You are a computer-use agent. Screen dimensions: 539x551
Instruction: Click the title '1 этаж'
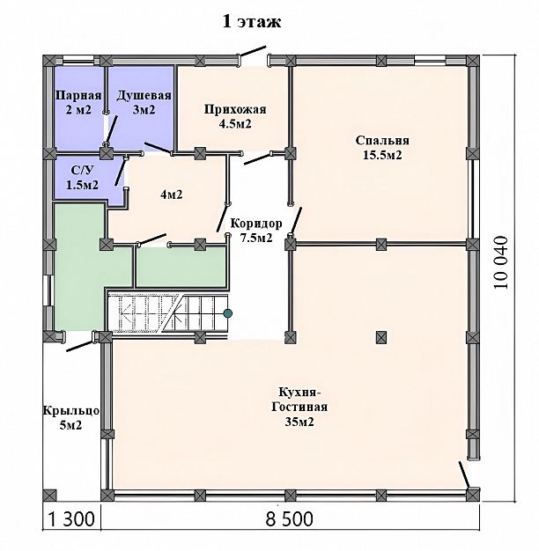252,22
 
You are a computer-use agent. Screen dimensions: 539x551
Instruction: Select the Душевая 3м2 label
144,102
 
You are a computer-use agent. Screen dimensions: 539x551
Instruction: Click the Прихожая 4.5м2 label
235,116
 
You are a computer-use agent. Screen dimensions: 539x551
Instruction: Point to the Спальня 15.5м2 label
382,148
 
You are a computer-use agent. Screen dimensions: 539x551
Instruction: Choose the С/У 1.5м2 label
83,178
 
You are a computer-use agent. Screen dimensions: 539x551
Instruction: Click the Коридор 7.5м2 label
256,231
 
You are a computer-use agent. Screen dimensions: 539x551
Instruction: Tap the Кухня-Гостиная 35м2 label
299,407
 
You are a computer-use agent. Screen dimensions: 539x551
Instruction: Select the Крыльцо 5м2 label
71,418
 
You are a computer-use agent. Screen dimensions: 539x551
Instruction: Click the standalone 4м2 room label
172,195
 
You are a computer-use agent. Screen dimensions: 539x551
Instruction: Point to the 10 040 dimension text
500,262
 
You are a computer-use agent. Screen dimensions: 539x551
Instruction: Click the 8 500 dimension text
290,519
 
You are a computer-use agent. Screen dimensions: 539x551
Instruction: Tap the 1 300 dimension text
71,519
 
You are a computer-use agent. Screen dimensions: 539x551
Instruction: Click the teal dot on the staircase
228,312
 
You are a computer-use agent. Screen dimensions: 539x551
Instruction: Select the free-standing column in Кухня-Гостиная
381,337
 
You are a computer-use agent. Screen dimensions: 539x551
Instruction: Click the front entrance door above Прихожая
252,51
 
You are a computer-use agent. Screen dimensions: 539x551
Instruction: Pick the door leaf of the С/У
121,172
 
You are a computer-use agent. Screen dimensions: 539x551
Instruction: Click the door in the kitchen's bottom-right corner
464,475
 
